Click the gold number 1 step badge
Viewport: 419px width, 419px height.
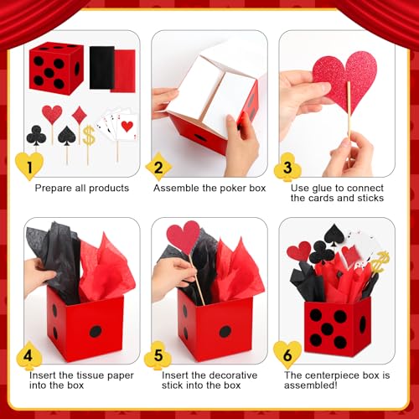tap(29, 167)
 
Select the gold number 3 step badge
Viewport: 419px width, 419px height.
tap(287, 166)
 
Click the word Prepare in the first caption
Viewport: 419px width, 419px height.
tap(53, 188)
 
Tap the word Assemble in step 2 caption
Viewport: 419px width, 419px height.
tap(177, 188)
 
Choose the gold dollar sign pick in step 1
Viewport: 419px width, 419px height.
tap(87, 133)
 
